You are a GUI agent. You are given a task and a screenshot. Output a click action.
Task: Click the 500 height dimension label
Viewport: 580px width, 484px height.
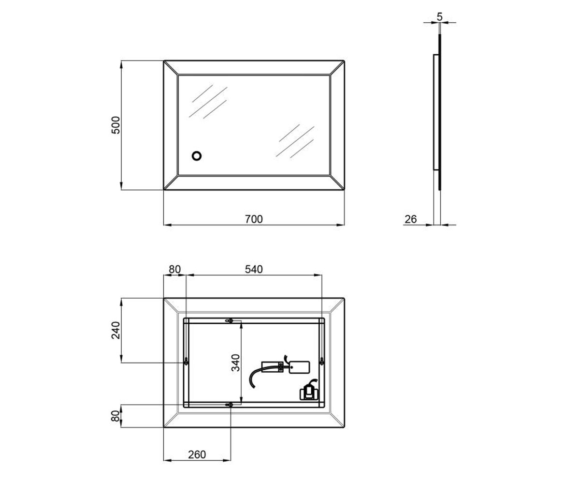click(x=116, y=125)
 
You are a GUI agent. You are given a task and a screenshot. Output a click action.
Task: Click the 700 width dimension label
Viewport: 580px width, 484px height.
click(x=254, y=219)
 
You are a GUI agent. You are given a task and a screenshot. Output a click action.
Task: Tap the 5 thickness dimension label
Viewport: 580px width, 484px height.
click(x=439, y=16)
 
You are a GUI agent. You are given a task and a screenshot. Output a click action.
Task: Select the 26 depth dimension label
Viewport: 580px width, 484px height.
click(x=410, y=219)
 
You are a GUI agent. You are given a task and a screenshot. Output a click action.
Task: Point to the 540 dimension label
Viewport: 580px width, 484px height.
click(x=254, y=269)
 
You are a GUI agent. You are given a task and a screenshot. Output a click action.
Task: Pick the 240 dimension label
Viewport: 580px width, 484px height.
click(x=116, y=330)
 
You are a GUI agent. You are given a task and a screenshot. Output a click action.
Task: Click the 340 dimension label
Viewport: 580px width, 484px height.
click(x=235, y=363)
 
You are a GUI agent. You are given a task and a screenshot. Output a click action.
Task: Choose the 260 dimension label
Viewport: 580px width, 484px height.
click(x=197, y=454)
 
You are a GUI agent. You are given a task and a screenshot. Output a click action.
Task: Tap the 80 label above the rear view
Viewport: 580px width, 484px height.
click(x=174, y=269)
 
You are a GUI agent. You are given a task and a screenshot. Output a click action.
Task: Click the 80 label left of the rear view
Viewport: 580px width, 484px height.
click(x=116, y=416)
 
